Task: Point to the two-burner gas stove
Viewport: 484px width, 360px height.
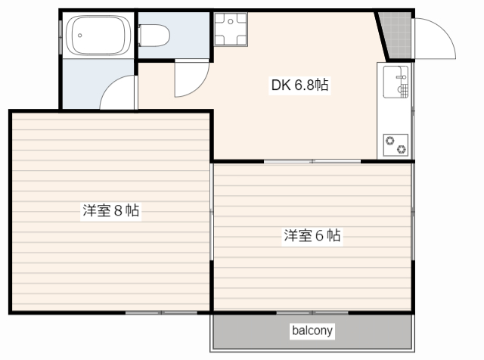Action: click(395, 144)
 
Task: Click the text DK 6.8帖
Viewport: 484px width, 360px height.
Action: click(299, 85)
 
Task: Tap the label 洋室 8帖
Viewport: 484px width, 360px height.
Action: click(110, 211)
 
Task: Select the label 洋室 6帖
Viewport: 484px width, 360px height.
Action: click(312, 236)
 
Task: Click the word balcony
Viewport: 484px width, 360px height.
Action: click(312, 331)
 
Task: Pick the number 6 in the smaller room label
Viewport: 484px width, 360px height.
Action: click(320, 236)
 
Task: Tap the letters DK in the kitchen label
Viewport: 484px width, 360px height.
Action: click(280, 85)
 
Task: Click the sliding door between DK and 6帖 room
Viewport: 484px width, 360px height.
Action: click(312, 161)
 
